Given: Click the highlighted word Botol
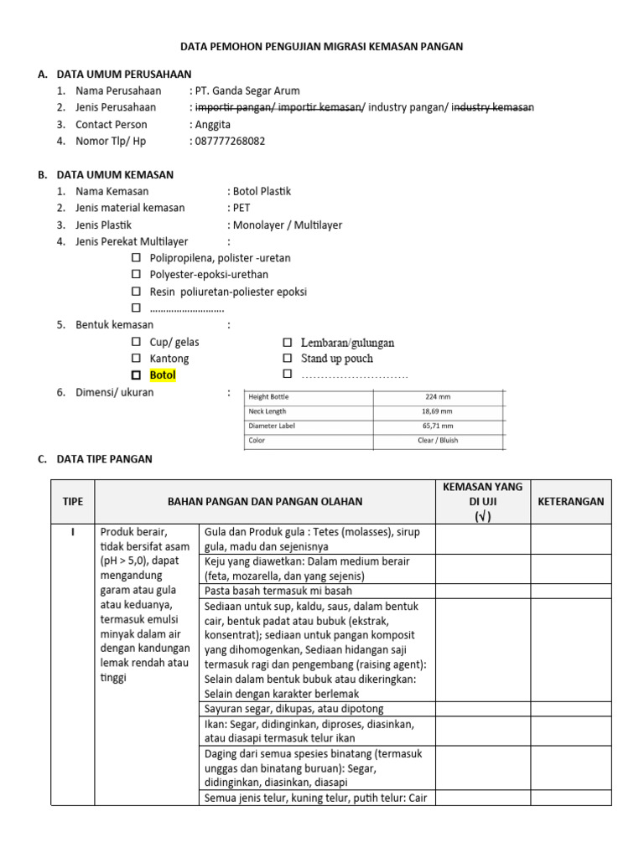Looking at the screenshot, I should pyautogui.click(x=163, y=375).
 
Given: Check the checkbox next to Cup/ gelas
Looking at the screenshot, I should pyautogui.click(x=137, y=343).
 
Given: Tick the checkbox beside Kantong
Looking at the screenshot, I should pyautogui.click(x=137, y=359).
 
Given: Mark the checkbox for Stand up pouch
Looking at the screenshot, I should pyautogui.click(x=288, y=359).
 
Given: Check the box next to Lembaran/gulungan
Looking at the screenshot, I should pyautogui.click(x=288, y=343).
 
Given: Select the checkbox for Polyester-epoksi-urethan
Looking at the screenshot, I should pyautogui.click(x=137, y=275).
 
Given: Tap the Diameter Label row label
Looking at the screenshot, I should pyautogui.click(x=272, y=426).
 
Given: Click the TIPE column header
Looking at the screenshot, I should pyautogui.click(x=73, y=501).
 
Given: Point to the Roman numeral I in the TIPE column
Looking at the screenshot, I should pyautogui.click(x=73, y=531).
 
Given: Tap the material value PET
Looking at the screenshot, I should pyautogui.click(x=241, y=208).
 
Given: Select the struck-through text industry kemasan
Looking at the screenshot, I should pyautogui.click(x=492, y=107).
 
